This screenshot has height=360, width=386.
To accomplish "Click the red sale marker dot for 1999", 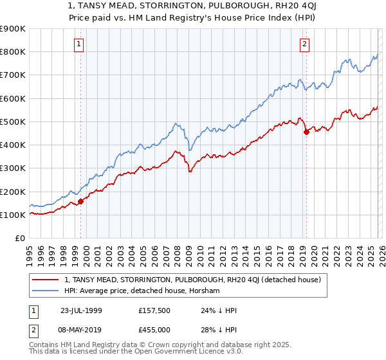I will (x=81, y=201).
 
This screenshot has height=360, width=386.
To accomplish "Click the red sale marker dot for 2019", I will (x=306, y=132).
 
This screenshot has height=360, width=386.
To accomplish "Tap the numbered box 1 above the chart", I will (x=78, y=44).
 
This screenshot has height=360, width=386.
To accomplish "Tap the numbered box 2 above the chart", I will (x=304, y=44).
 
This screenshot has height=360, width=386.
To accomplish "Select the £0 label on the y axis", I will (x=20, y=238).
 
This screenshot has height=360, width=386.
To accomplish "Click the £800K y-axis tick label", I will (x=14, y=52).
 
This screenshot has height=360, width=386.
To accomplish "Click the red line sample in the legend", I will (x=46, y=280).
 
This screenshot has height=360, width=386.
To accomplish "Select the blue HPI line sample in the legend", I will (x=46, y=291).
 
